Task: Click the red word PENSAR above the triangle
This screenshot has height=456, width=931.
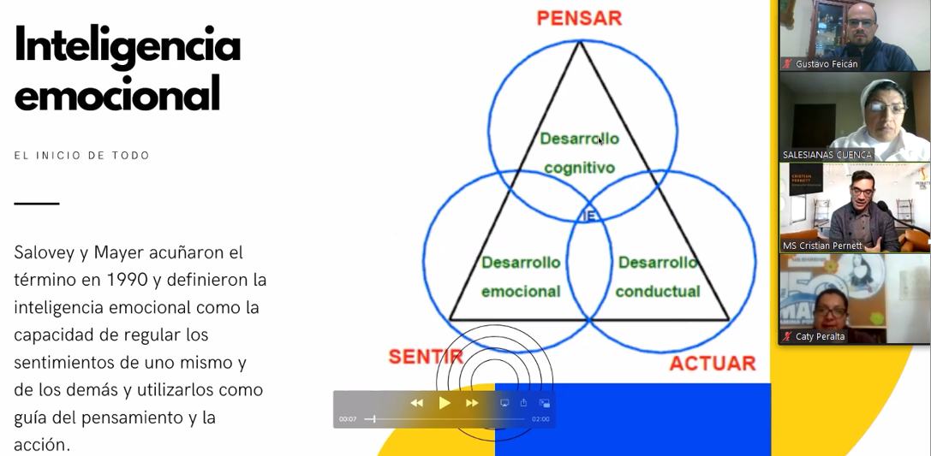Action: [x=579, y=18]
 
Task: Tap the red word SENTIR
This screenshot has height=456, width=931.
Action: [x=426, y=357]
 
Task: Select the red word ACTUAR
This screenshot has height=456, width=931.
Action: [x=712, y=363]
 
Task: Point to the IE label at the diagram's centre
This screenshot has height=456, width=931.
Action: [x=588, y=216]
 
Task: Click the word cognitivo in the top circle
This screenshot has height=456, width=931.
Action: [x=579, y=168]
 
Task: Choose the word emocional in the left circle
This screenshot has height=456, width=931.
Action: [x=521, y=291]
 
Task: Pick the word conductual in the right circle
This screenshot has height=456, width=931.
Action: [x=658, y=291]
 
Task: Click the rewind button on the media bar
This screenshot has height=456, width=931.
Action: [x=417, y=403]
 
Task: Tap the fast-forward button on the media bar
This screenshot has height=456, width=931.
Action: [x=472, y=403]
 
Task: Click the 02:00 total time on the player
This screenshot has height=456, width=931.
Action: [x=540, y=419]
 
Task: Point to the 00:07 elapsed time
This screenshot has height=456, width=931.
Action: [x=348, y=419]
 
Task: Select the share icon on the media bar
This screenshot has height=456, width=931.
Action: [x=523, y=403]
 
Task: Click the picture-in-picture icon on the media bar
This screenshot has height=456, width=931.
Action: [x=544, y=403]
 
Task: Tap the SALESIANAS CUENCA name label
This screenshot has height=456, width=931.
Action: [x=827, y=155]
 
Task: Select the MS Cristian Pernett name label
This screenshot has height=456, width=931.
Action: [x=822, y=246]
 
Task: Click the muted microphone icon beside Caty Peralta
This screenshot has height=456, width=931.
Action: [x=786, y=336]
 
